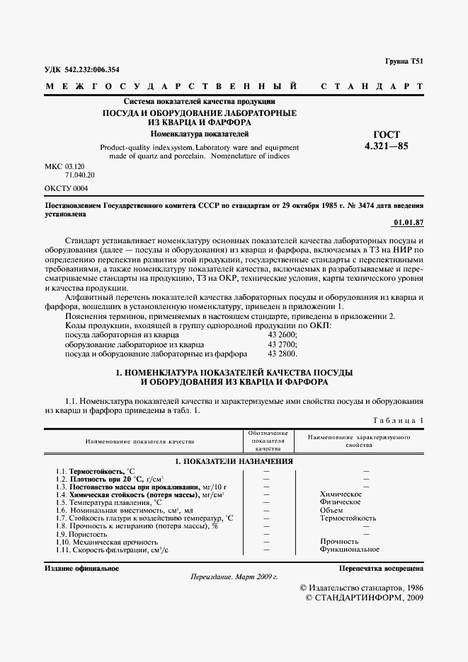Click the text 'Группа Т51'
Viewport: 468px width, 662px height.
click(404, 62)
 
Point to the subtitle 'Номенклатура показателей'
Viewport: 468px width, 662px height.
click(199, 133)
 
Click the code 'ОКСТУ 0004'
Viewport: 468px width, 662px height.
click(67, 188)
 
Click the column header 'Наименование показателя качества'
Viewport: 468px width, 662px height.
click(139, 441)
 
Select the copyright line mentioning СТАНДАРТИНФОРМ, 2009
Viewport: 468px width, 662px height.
click(364, 598)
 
